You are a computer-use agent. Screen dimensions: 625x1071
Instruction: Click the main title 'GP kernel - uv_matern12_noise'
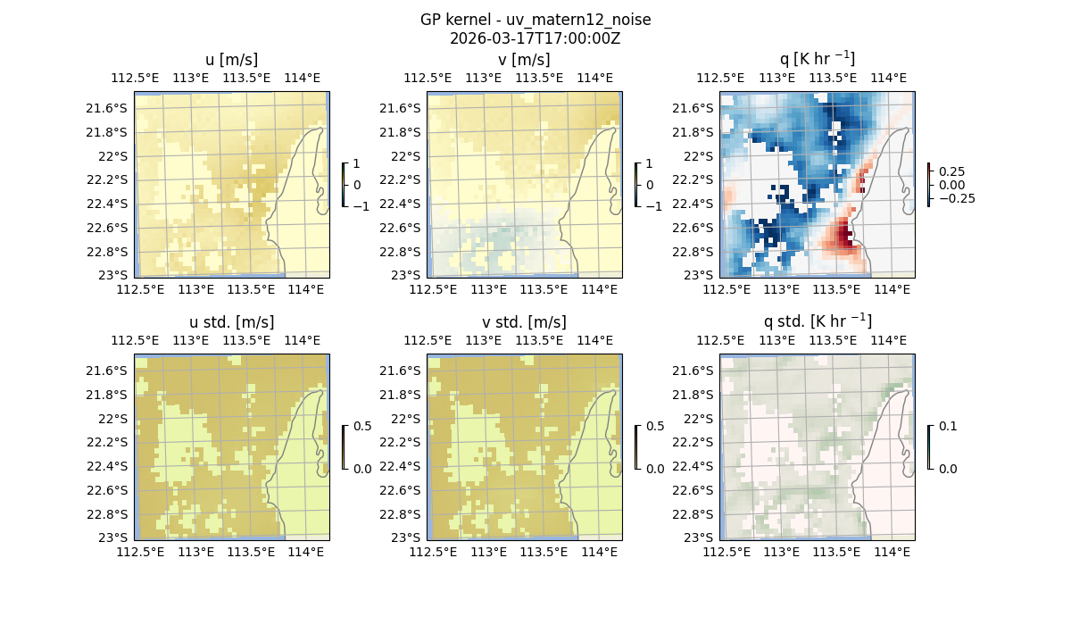(535, 20)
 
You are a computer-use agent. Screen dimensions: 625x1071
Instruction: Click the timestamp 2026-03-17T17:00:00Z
(535, 38)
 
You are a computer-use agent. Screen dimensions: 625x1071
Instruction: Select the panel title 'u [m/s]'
(231, 60)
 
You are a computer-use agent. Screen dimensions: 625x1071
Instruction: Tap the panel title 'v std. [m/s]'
(524, 322)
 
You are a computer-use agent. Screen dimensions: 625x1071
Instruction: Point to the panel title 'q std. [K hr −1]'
(817, 321)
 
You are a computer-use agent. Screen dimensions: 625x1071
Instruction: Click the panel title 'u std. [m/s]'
(231, 322)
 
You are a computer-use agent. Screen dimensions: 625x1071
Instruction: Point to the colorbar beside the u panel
(344, 185)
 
